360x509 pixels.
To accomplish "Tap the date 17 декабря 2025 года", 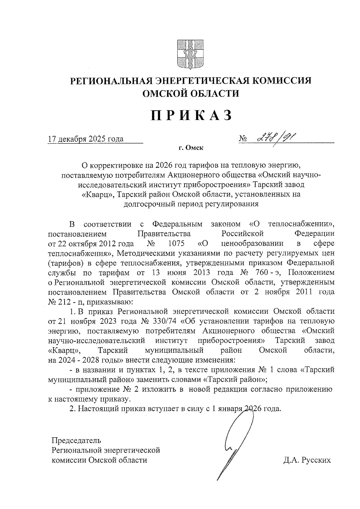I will (x=86, y=139).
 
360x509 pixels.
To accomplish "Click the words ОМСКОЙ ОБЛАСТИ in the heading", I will (x=191, y=94).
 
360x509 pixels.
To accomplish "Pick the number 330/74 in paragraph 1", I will (x=164, y=321).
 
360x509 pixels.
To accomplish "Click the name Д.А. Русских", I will (x=307, y=460).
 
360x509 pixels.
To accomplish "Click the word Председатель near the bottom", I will (x=76, y=440).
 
